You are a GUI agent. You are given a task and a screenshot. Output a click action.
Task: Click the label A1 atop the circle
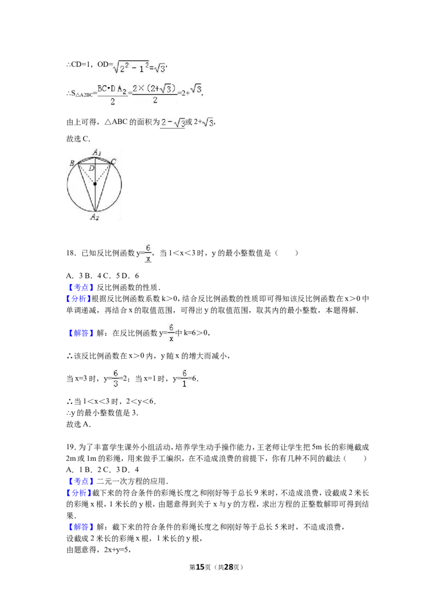point(97,152)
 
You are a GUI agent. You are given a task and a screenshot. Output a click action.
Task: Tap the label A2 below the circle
point(95,217)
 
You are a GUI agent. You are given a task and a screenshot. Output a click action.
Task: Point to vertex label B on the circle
point(72,163)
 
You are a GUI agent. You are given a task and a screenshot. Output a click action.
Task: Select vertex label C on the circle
point(113,161)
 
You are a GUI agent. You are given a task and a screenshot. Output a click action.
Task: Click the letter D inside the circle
point(91,169)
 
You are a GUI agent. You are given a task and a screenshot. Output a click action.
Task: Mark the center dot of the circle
point(95,184)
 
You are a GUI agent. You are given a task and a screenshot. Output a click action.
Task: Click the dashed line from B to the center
point(86,173)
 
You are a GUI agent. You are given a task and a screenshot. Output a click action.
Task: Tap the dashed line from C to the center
point(103,172)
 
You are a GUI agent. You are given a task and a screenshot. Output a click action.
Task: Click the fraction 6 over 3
point(115,379)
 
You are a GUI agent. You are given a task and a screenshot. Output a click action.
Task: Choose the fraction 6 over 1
point(185,379)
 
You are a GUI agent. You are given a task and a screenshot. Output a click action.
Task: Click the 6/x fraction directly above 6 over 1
point(171,332)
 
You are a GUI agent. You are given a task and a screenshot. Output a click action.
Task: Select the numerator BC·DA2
point(113,88)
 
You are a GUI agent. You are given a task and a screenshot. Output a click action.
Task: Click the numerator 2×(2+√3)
point(155,88)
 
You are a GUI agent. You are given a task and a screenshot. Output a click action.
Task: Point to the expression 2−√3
point(172,123)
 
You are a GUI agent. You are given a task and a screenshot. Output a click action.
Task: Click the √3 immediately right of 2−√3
point(207,124)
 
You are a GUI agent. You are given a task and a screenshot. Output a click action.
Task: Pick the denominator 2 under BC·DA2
point(113,101)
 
